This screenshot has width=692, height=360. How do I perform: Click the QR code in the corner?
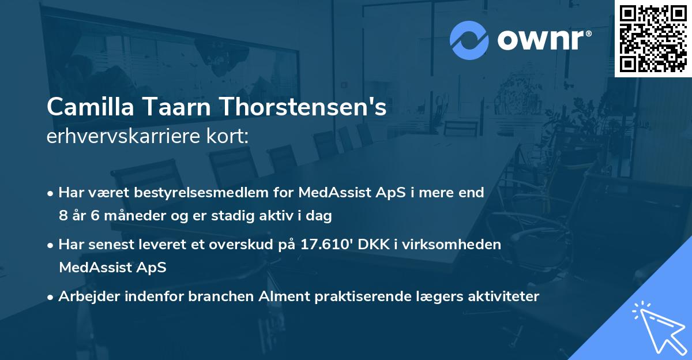(x=653, y=38)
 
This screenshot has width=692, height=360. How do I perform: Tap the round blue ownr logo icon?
(x=469, y=40)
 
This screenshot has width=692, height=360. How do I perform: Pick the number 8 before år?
(x=62, y=216)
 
